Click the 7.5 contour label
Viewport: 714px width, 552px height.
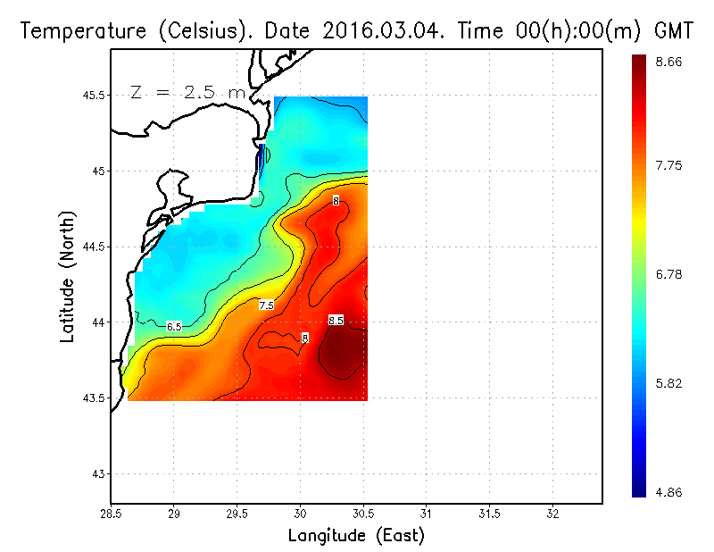266,305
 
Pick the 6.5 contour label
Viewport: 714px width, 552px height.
174,327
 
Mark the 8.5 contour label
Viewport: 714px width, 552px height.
336,320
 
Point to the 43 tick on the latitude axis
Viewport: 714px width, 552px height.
96,473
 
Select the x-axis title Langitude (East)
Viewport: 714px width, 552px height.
356,536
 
